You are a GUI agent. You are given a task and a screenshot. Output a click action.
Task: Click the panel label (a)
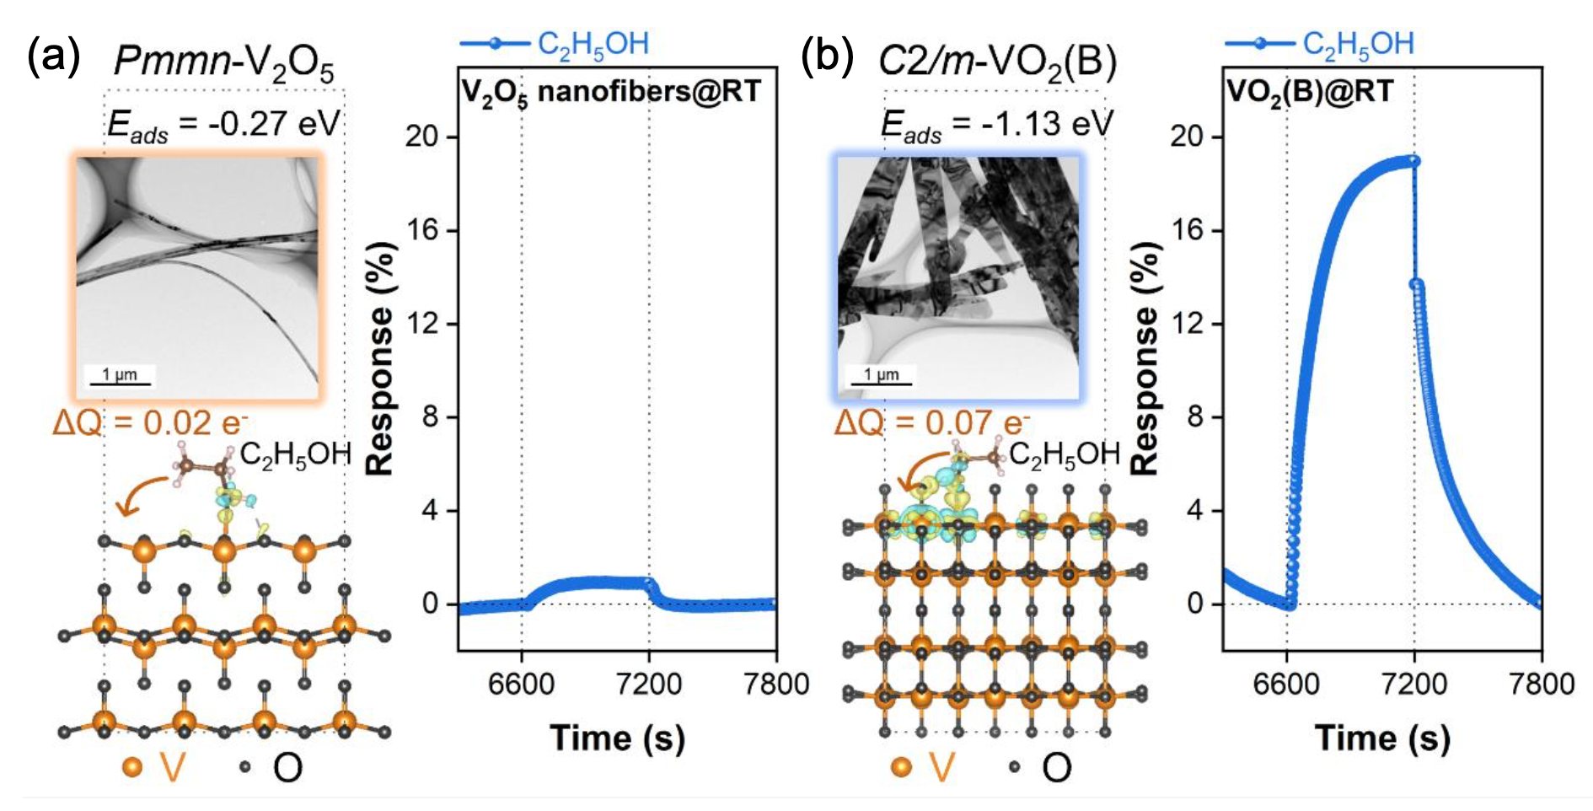pyautogui.click(x=54, y=58)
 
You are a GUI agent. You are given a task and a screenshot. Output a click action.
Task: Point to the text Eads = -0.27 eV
pyautogui.click(x=223, y=125)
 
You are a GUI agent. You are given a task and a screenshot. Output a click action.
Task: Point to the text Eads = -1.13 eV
pyautogui.click(x=996, y=125)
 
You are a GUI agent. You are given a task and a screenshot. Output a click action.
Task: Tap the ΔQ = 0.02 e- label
pyautogui.click(x=150, y=422)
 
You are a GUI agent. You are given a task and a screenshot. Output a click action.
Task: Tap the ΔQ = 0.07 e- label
pyautogui.click(x=932, y=422)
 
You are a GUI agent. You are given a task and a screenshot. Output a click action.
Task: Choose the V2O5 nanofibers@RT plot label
pyautogui.click(x=611, y=91)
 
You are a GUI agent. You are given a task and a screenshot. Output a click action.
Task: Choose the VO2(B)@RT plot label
pyautogui.click(x=1309, y=91)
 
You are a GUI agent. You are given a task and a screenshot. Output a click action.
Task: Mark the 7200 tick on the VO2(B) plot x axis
pyautogui.click(x=1414, y=683)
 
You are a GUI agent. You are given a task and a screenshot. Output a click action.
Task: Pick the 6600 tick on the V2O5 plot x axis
pyautogui.click(x=522, y=683)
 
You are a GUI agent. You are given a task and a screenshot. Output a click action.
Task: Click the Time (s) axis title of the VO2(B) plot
pyautogui.click(x=1382, y=738)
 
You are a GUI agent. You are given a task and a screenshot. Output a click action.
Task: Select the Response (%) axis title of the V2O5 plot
pyautogui.click(x=381, y=358)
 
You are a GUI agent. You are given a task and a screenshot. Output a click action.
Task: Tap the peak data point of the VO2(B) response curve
pyautogui.click(x=1413, y=160)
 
